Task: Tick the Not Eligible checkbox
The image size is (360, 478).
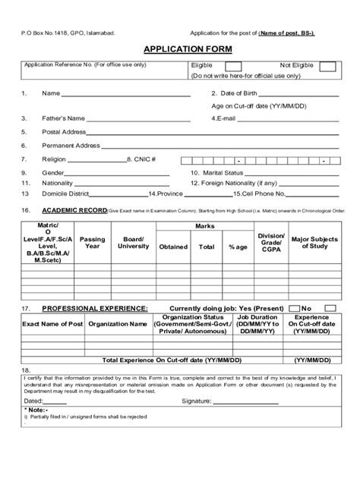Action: click(328, 67)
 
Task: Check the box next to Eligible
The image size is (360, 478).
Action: click(248, 67)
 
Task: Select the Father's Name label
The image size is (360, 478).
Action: click(64, 118)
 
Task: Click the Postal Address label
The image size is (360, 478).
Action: click(65, 131)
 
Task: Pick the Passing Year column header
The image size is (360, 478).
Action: click(93, 242)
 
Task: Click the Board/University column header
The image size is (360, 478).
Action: click(133, 242)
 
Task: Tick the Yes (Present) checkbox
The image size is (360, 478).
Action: click(292, 309)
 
